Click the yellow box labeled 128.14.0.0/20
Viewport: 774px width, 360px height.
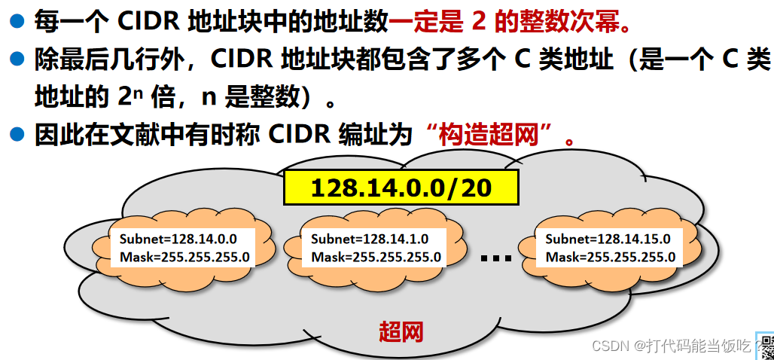click(x=401, y=188)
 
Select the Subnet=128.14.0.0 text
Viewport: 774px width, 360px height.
click(x=178, y=239)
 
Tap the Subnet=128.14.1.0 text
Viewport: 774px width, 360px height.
click(x=370, y=239)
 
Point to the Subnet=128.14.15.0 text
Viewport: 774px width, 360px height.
click(x=608, y=239)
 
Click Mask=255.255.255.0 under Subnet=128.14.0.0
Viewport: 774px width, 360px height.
click(x=184, y=257)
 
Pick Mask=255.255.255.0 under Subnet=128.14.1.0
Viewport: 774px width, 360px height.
click(x=376, y=257)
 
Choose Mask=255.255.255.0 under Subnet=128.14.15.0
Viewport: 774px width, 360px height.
click(x=611, y=257)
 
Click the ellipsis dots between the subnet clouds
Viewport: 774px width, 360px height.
click(x=495, y=258)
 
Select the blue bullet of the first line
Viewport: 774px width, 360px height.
click(x=17, y=20)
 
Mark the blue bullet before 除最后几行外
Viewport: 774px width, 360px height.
click(x=17, y=59)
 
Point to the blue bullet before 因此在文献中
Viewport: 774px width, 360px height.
click(x=17, y=136)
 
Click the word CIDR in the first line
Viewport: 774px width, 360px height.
click(x=146, y=21)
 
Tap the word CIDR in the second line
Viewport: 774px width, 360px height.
click(x=239, y=59)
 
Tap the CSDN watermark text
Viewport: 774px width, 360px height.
click(x=670, y=346)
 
